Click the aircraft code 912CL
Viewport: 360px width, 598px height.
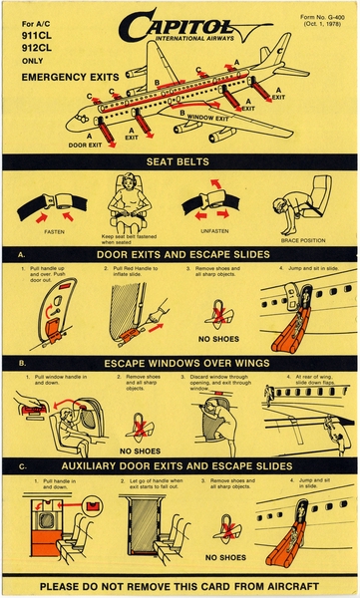38,46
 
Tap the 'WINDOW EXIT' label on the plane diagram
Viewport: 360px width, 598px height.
209,119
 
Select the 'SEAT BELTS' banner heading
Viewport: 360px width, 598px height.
180,161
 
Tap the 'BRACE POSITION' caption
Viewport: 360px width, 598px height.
303,240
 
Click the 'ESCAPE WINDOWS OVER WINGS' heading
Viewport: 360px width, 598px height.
180,362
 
